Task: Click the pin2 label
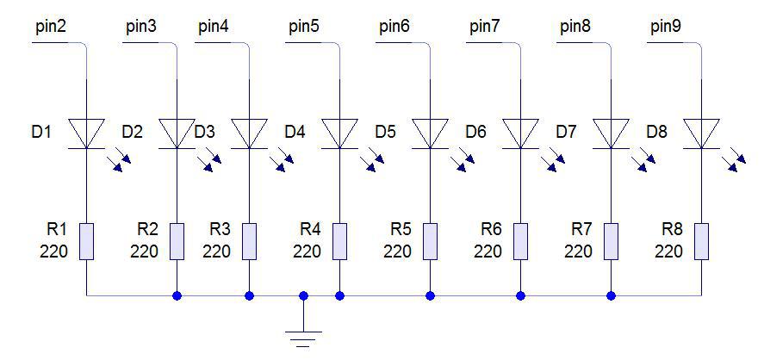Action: coord(51,27)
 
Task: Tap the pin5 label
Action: coord(303,27)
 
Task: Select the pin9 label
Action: coord(665,27)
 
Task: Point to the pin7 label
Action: coord(484,27)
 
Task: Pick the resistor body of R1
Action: coord(87,241)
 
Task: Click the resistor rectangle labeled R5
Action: coord(430,241)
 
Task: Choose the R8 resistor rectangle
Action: coord(701,241)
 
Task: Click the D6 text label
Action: coord(475,133)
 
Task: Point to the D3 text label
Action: coord(205,133)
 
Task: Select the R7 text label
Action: coord(582,229)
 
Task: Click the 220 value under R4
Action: coord(307,251)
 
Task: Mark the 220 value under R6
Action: coord(488,251)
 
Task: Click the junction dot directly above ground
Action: coord(303,295)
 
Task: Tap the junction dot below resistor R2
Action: coord(177,295)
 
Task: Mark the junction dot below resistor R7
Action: coord(611,295)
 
